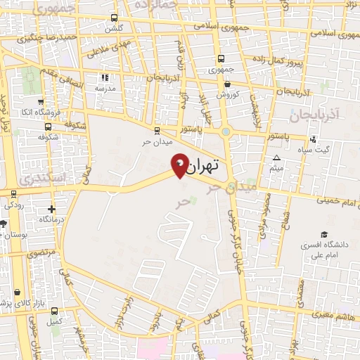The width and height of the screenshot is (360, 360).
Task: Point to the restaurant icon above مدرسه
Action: (105, 78)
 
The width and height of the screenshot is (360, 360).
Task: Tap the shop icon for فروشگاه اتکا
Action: (41, 101)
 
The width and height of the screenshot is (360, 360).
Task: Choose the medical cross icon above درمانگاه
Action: (51, 209)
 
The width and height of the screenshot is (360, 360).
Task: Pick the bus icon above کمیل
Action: (54, 311)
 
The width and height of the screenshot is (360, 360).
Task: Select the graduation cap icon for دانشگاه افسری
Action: (324, 235)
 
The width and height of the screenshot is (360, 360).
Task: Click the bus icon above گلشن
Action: (113, 20)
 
